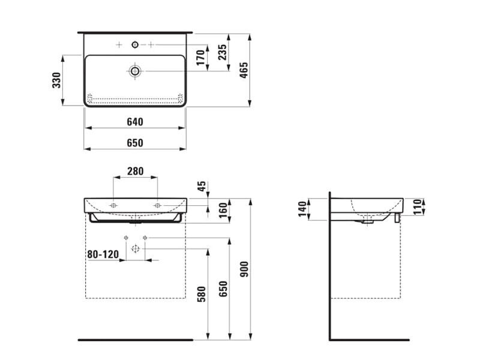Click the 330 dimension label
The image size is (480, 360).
pos(56,80)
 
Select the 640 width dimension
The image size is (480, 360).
pos(135,122)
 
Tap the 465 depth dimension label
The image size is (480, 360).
pos(244,70)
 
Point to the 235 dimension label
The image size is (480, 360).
pos(223,52)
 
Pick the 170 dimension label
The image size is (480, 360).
pos(200,58)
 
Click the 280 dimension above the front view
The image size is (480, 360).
pos(135,171)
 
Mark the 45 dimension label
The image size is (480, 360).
pos(202,186)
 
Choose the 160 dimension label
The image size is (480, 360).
pos(223,210)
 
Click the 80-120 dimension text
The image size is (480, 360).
pos(103,254)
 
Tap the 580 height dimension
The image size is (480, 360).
pos(201,294)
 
